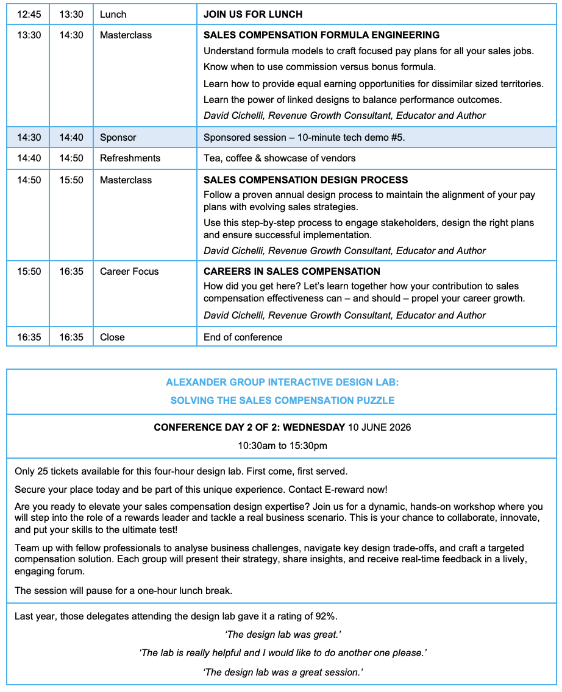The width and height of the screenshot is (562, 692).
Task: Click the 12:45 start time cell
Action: point(29,14)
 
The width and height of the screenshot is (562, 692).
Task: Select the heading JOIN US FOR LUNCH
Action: point(252,14)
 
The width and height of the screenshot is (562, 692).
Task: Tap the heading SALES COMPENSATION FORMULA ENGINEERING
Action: point(321,35)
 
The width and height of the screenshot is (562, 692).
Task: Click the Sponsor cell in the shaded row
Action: point(118,138)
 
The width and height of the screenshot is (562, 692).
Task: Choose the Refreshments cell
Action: point(130,158)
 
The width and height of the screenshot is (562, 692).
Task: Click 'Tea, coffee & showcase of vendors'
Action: point(279,158)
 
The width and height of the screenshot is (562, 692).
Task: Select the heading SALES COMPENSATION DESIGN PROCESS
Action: point(305,180)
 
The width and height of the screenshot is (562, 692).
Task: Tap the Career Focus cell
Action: point(129,272)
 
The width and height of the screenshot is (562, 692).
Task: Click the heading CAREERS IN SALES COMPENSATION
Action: point(291,272)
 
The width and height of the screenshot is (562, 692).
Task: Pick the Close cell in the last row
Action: point(112,337)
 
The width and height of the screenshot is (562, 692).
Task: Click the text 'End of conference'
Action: point(243,337)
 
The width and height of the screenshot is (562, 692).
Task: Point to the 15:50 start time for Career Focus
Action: point(29,272)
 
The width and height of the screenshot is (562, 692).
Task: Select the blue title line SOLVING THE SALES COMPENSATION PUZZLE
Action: point(282,400)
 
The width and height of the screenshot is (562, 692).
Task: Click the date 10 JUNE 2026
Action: point(379,428)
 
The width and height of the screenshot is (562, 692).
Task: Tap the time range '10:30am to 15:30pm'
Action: point(282,446)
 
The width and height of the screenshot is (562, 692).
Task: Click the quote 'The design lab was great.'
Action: point(282,635)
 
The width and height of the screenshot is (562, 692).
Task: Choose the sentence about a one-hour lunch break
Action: point(124,591)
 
